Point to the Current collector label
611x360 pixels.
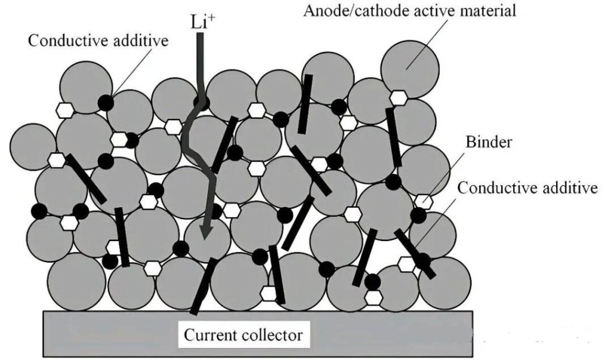pos(243,334)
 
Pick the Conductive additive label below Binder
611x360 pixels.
pos(527,189)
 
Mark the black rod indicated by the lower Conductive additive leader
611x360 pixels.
pos(413,252)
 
